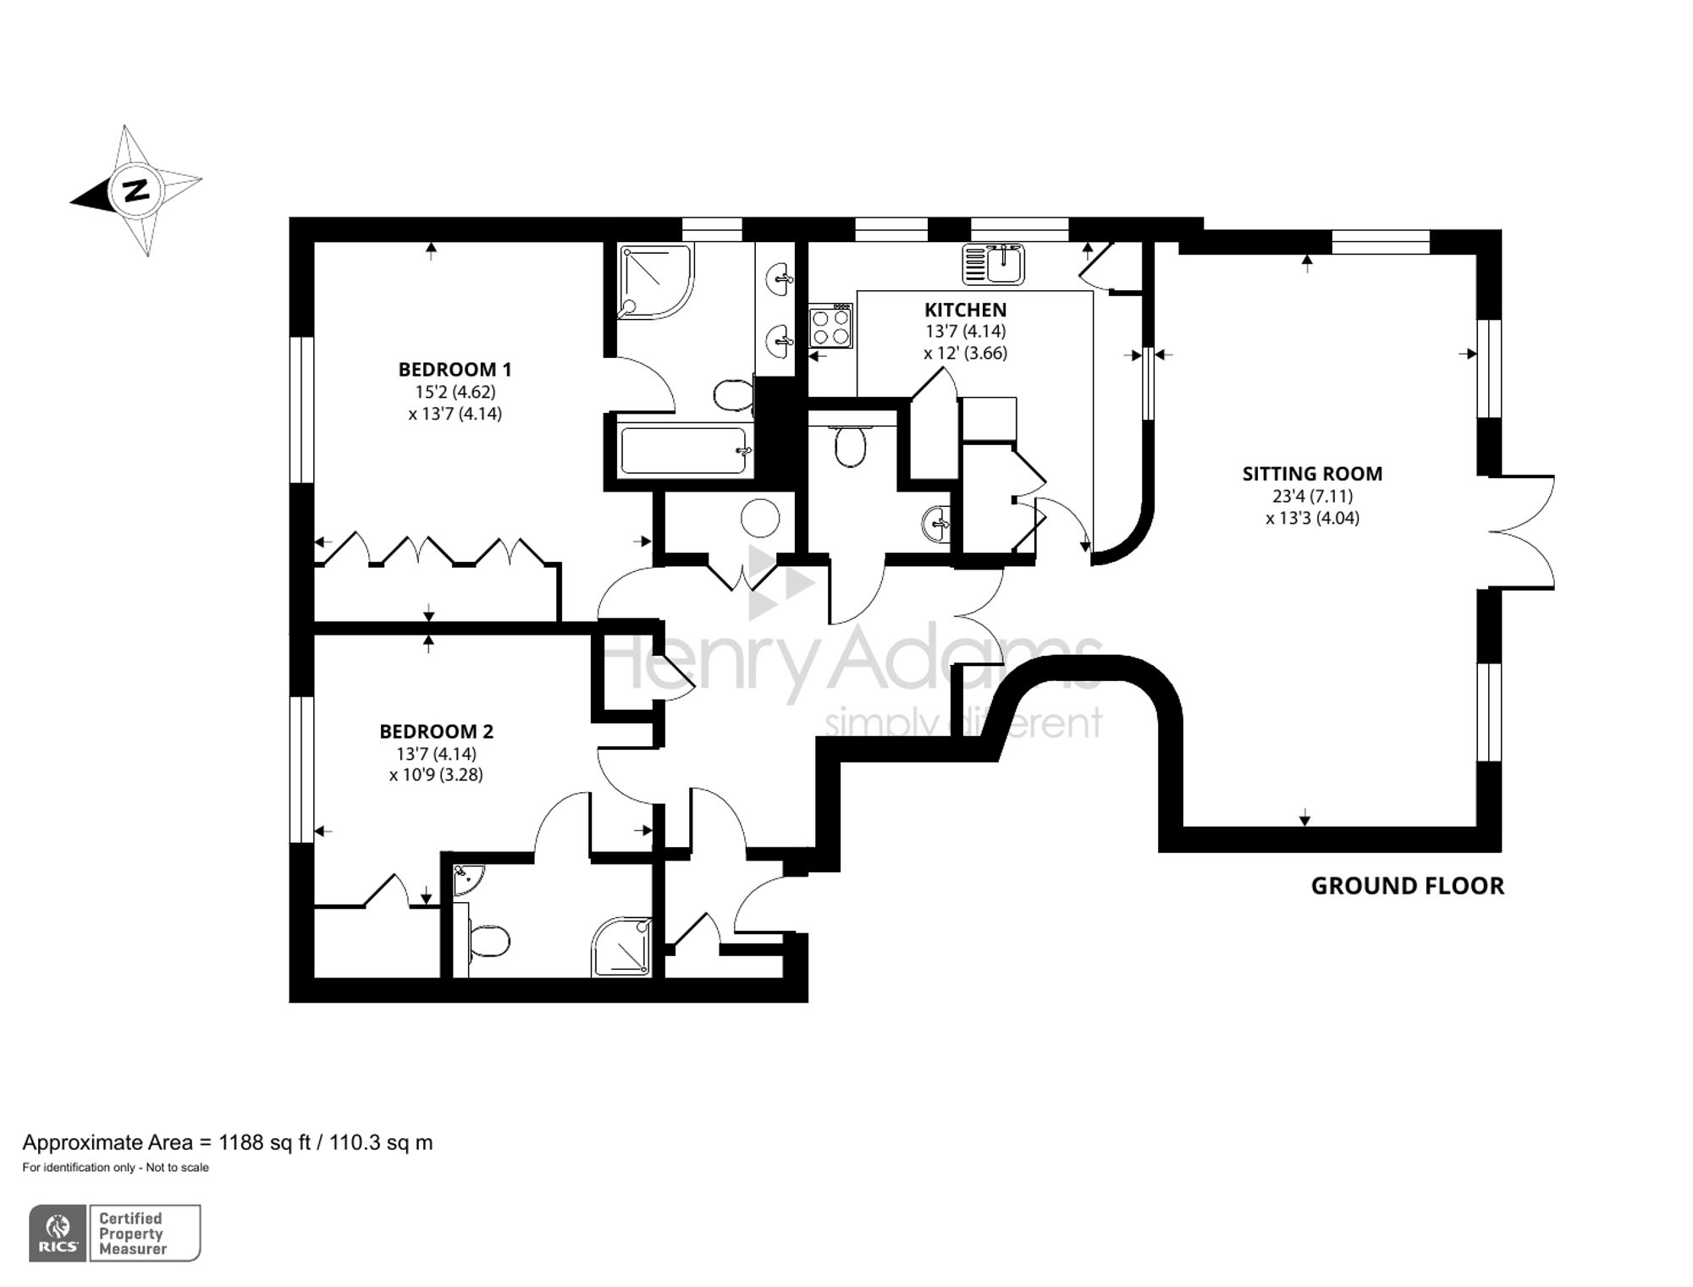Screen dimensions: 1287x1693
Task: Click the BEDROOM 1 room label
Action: point(455,370)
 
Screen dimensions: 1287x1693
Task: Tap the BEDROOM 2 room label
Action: point(436,731)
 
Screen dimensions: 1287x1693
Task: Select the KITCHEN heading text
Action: point(965,310)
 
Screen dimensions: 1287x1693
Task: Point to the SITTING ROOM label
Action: point(1312,474)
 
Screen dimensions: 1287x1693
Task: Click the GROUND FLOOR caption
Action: point(1407,886)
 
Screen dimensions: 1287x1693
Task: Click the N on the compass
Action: point(135,190)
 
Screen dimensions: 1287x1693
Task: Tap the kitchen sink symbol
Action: point(994,264)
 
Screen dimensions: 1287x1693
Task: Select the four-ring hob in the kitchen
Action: point(830,327)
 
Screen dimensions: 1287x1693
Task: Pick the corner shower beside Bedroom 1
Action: point(654,281)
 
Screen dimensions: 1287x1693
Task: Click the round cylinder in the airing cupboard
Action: point(759,517)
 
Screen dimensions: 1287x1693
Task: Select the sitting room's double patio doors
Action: point(1524,531)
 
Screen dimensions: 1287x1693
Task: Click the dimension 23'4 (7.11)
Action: point(1312,497)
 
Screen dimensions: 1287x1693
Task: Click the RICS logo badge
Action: point(58,1233)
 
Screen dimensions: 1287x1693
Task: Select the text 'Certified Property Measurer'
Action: point(133,1234)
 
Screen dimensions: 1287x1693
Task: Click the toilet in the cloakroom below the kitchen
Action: point(849,446)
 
